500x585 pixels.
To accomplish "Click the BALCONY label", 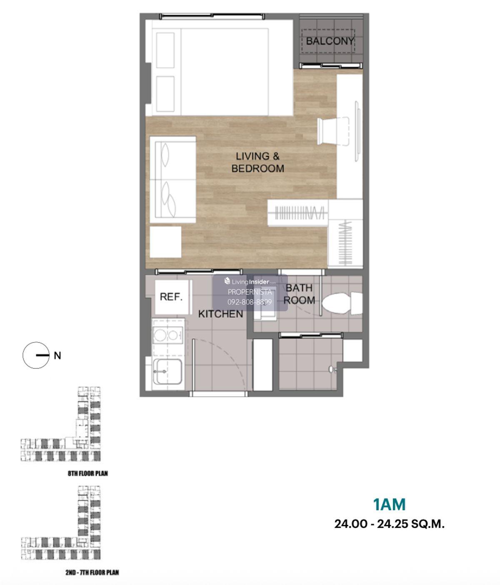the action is click(330, 41).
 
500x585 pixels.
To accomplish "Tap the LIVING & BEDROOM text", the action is click(257, 162).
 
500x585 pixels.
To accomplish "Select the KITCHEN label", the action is click(220, 314).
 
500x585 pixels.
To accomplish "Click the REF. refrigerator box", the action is click(172, 297).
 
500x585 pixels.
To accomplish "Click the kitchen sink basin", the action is click(169, 371).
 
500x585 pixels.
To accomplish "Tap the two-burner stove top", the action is click(168, 335).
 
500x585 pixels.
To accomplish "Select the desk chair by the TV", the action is click(333, 131).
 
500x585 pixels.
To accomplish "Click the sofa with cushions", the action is click(172, 180).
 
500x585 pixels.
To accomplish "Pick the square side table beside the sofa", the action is click(165, 242).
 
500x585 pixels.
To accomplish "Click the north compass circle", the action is click(36, 355).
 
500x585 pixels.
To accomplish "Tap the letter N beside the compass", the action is click(57, 355).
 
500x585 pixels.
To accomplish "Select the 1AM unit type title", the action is click(389, 504).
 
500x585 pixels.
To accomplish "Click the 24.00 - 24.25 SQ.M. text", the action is click(389, 524).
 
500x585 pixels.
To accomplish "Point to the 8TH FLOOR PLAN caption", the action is click(88, 473).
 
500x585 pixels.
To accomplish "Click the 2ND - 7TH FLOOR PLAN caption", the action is click(92, 572).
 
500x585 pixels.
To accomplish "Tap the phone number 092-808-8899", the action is click(250, 302).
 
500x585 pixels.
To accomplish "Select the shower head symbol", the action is click(332, 369).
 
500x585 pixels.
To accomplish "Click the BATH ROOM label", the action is click(299, 294).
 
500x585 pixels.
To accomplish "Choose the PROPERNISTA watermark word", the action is click(250, 292).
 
